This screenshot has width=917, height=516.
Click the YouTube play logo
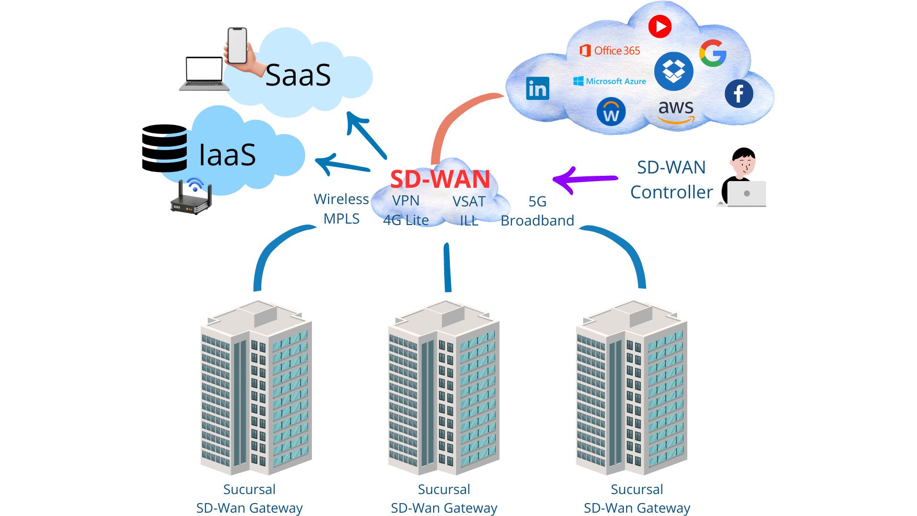point(660,26)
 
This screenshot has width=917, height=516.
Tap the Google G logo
point(713,53)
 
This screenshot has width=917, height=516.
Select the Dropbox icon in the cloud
point(673,72)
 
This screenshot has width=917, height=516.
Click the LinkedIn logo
point(537,88)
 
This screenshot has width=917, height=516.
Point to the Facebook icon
point(738,94)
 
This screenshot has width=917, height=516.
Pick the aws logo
point(676,111)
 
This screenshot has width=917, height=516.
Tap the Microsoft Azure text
point(610,81)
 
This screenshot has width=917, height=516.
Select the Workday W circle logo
point(611,112)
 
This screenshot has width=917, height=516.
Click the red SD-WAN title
point(440,179)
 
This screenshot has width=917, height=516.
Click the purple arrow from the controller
point(585,180)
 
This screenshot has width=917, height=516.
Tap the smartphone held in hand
point(237,46)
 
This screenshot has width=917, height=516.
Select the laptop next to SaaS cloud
point(204,74)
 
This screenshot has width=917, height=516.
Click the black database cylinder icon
point(164,148)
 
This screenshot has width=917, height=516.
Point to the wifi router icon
point(192,198)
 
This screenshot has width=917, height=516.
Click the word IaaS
point(227,155)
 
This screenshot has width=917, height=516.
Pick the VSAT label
point(469,202)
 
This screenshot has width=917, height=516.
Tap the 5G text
point(537,202)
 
